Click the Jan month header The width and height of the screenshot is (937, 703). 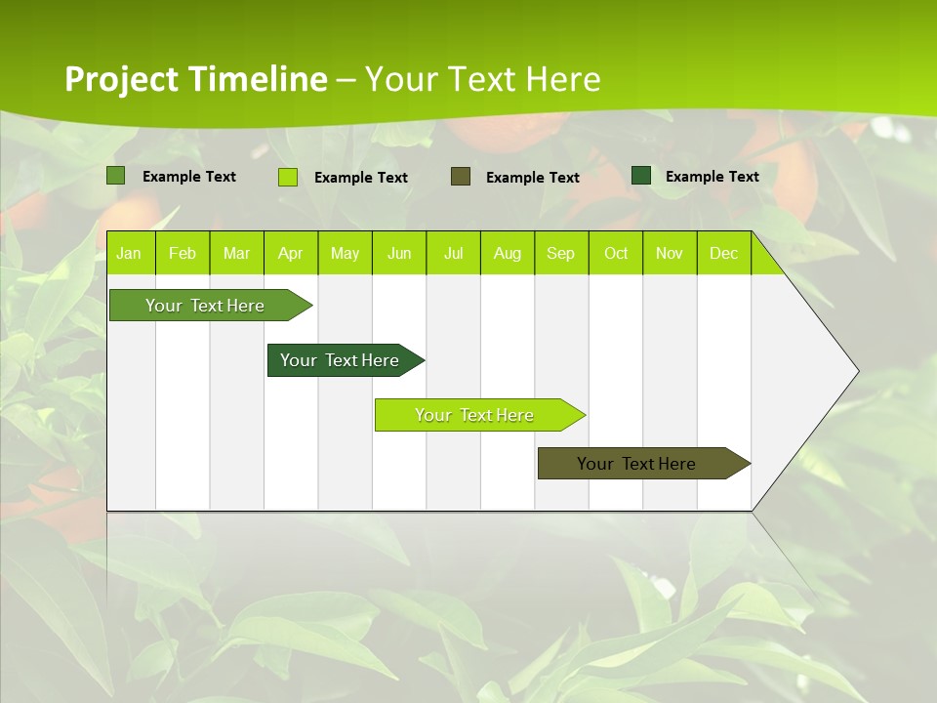129,254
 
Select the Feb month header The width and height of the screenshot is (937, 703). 183,254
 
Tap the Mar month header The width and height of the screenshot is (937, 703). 236,254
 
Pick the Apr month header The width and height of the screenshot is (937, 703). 291,254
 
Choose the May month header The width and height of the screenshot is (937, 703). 345,254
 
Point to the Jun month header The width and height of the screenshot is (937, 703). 399,254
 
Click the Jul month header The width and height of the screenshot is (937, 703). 453,254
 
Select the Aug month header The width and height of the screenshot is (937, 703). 508,254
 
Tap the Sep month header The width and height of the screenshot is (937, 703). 561,254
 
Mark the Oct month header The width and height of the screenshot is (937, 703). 616,254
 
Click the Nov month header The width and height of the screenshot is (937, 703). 670,254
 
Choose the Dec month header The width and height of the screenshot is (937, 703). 723,254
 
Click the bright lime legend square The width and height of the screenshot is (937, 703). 288,177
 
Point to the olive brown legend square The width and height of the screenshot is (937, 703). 461,177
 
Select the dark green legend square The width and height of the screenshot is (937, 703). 641,176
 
